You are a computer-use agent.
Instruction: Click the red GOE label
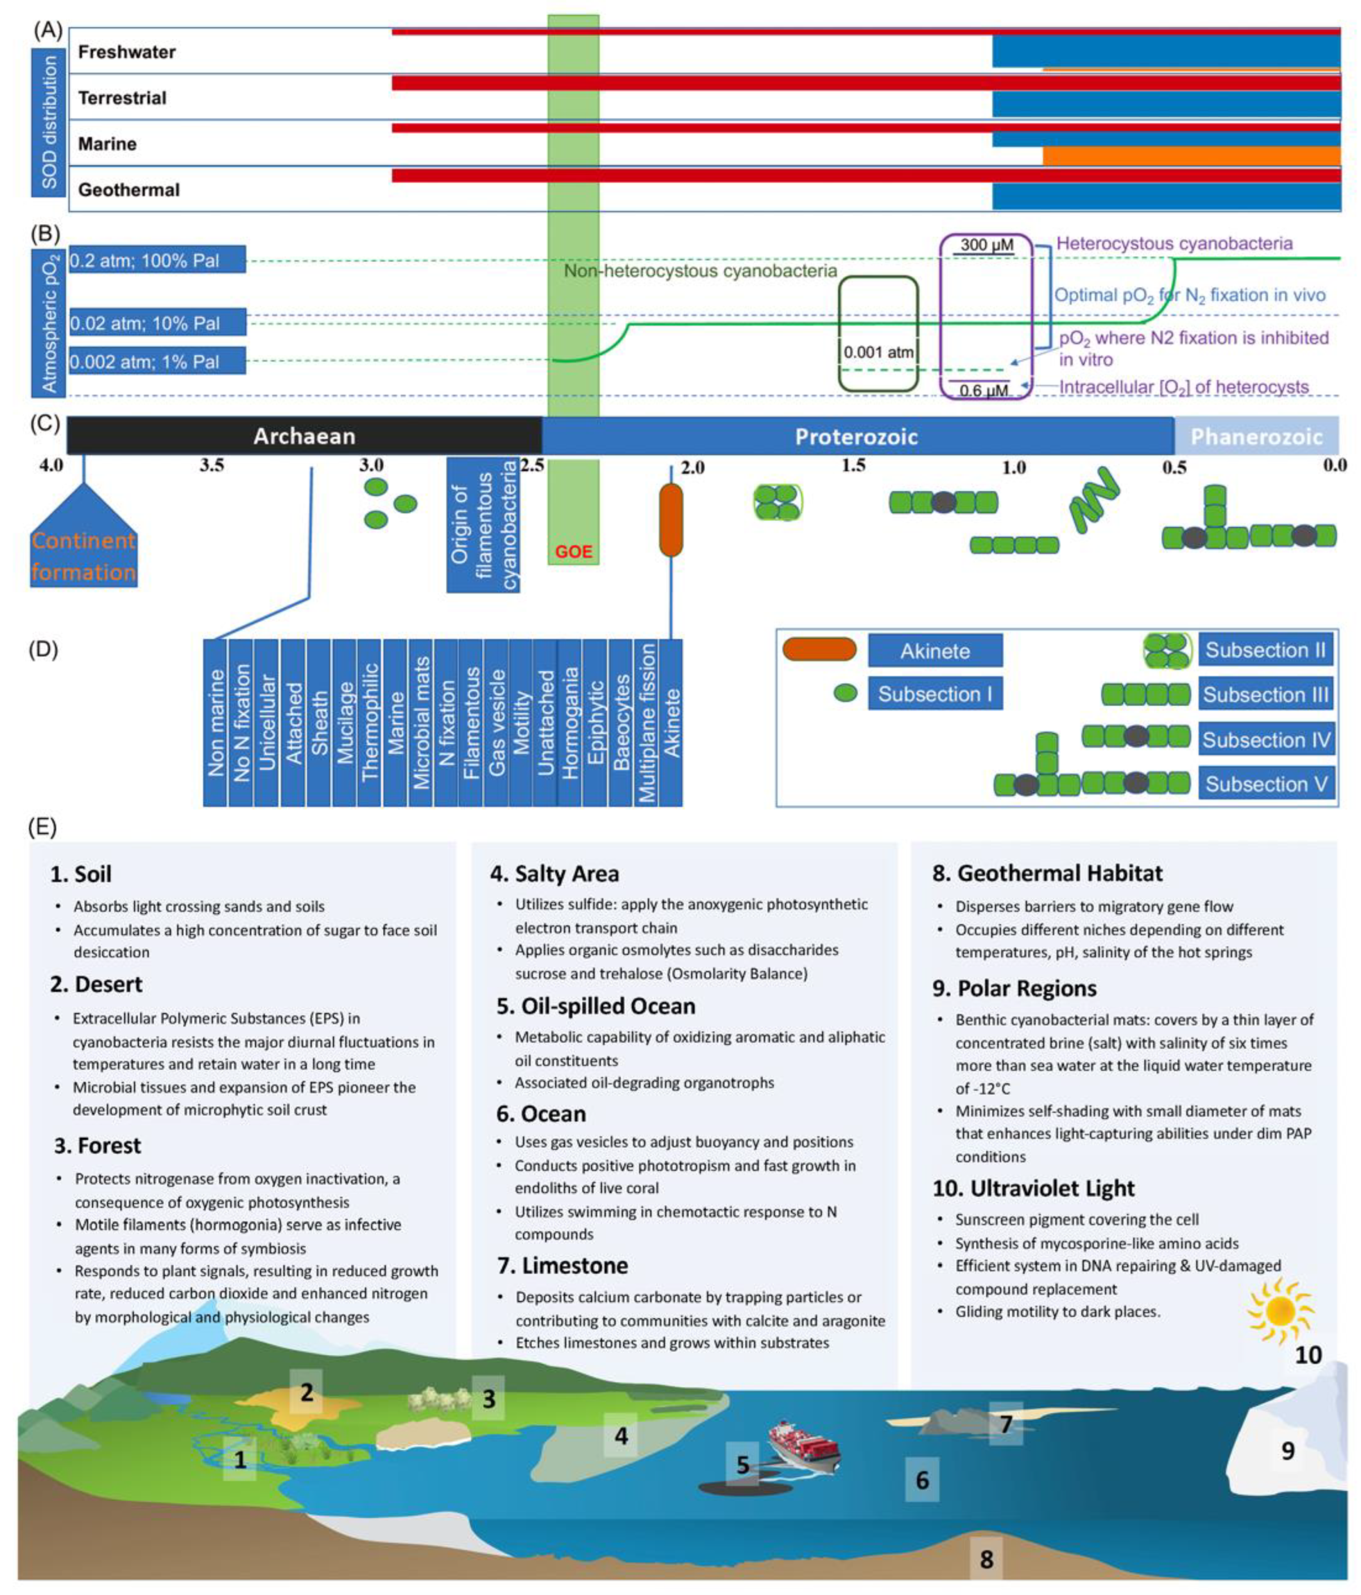pos(573,552)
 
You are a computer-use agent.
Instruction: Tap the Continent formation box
pos(83,556)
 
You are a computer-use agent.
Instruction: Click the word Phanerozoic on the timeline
pos(1256,436)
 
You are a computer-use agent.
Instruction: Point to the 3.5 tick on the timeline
pos(212,466)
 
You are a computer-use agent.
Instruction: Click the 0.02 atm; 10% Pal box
pos(157,323)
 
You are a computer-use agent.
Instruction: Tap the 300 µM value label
pos(986,246)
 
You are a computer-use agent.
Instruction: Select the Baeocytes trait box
pos(621,722)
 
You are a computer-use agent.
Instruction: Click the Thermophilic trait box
pos(370,722)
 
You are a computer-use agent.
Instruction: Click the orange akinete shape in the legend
pos(819,650)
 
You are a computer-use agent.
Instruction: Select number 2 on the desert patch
pos(306,1392)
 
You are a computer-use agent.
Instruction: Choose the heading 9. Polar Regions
pos(1015,988)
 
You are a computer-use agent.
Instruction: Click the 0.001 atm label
pos(878,352)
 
